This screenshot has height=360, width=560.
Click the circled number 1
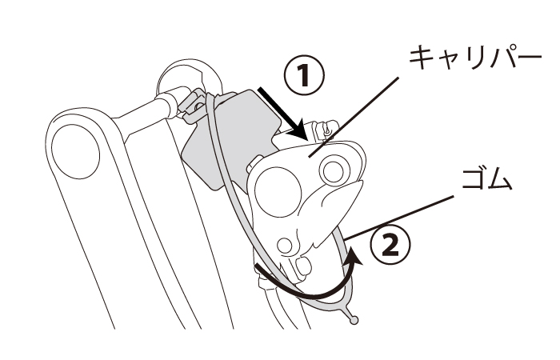pos(304,75)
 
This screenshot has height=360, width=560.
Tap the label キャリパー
pos(475,58)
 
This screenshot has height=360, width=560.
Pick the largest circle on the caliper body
pos(278,192)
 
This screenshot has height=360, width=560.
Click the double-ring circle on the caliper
pos(334,170)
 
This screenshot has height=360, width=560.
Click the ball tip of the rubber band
pos(354,320)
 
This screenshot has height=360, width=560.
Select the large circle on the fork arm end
pos(76,151)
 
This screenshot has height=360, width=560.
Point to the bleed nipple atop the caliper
pos(325,130)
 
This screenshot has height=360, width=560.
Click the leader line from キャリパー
pos(354,117)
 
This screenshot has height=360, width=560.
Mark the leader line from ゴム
pos(400,218)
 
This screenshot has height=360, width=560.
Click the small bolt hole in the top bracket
pos(197,106)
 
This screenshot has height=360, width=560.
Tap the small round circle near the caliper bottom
pos(285,246)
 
